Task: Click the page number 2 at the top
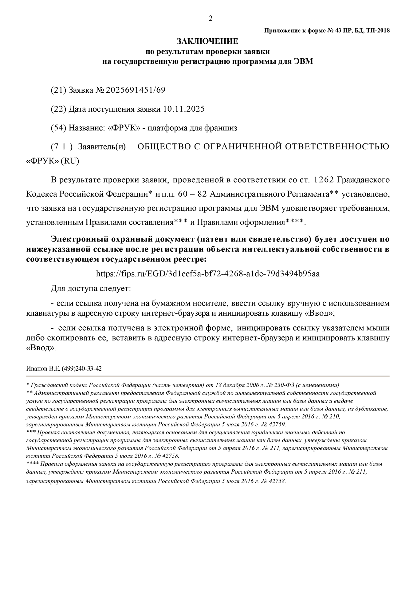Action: click(x=210, y=19)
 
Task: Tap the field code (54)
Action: click(x=58, y=128)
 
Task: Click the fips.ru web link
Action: click(x=208, y=274)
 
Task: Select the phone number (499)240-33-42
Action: click(x=82, y=368)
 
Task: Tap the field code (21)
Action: click(x=58, y=90)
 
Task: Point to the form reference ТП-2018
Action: click(x=378, y=30)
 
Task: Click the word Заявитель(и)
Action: click(x=102, y=147)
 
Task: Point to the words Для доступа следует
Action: click(x=91, y=289)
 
